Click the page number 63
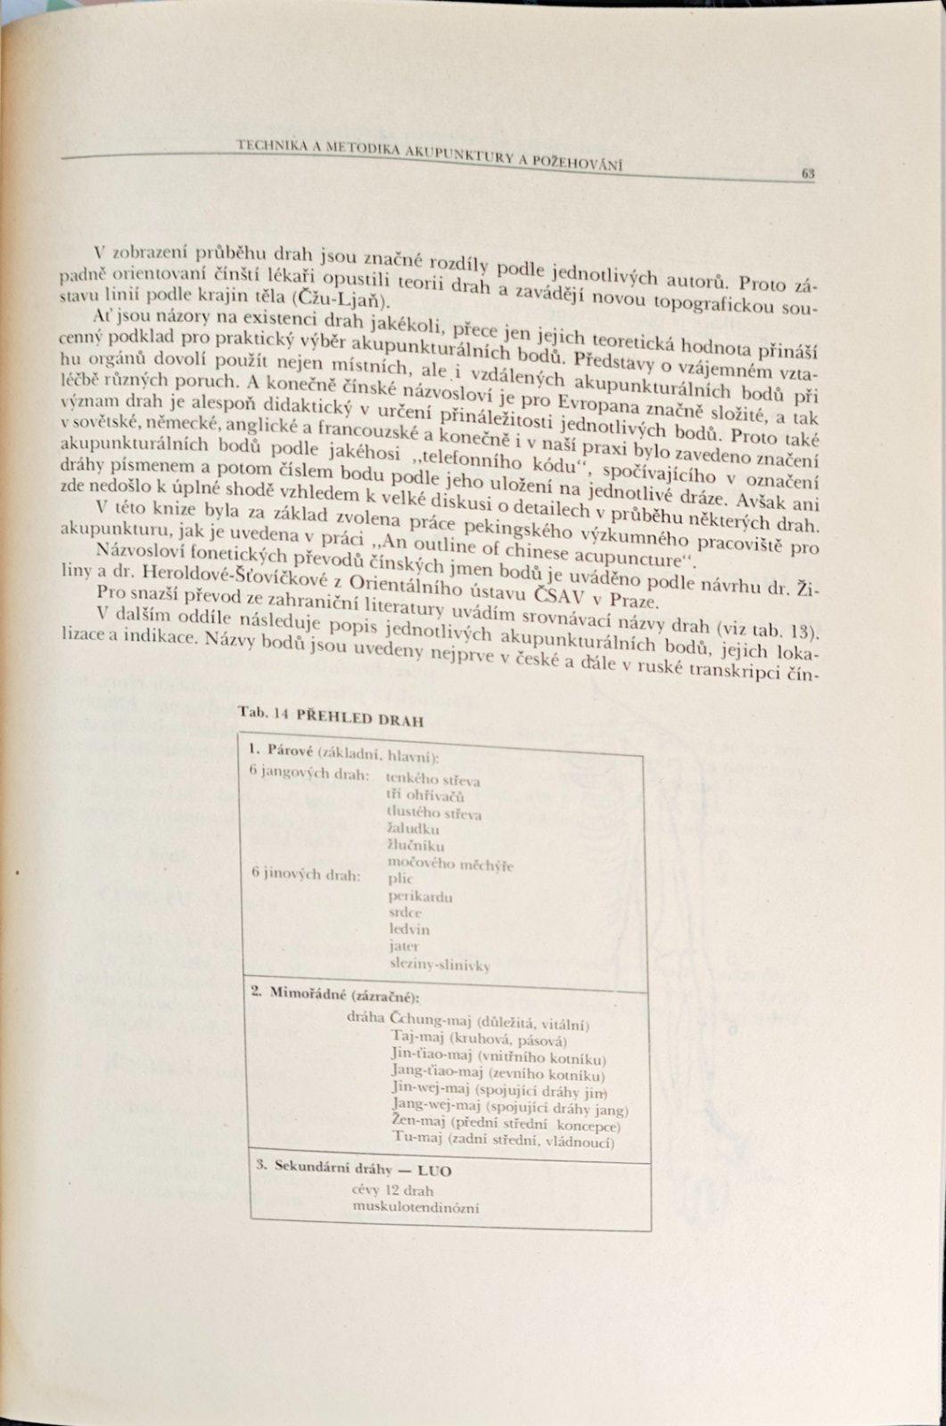808,174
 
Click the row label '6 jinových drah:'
306,875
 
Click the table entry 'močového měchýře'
450,864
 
